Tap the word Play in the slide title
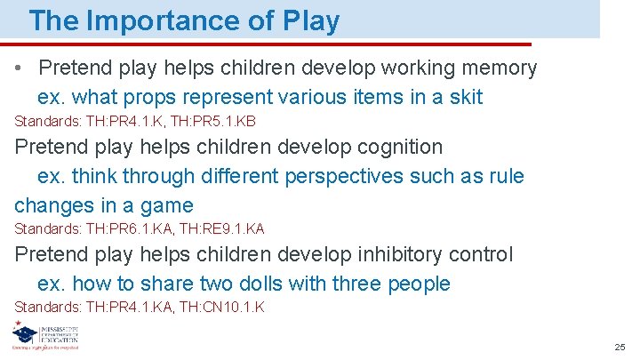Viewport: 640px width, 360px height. pos(310,20)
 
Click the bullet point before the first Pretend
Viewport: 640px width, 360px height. pos(21,68)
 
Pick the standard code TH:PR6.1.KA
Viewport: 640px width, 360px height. pos(130,229)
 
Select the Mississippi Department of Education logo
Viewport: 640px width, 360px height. pos(44,336)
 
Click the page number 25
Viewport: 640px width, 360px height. pos(620,346)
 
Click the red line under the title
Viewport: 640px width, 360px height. pos(267,44)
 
